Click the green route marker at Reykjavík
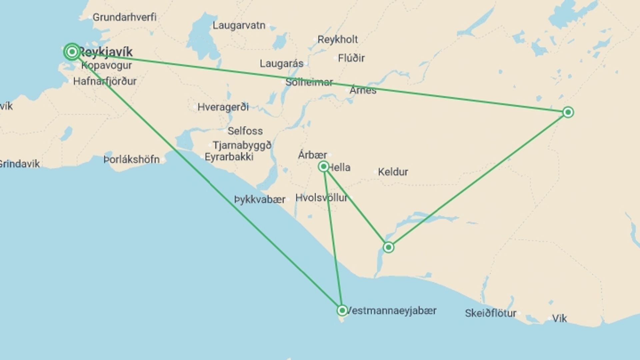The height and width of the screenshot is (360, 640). [x=72, y=52]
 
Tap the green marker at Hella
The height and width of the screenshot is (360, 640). [x=323, y=166]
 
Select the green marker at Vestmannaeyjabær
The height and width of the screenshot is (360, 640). [x=342, y=311]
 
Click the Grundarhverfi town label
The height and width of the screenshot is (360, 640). [x=124, y=17]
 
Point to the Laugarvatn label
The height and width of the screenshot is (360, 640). [x=239, y=25]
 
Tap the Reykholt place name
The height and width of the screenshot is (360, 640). [x=337, y=39]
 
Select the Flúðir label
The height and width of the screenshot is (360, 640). [x=351, y=58]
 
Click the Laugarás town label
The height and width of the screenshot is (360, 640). [x=282, y=63]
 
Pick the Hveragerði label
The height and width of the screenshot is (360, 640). [x=223, y=107]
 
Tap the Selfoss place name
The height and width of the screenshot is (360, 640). [x=245, y=131]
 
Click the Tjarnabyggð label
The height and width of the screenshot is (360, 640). [x=242, y=145]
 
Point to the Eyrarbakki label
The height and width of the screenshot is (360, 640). [x=229, y=157]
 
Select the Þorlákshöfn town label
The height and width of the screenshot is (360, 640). [x=132, y=160]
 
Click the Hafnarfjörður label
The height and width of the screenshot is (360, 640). [x=105, y=81]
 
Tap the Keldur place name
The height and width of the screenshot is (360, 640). [x=393, y=172]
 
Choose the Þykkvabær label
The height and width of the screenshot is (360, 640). [x=260, y=200]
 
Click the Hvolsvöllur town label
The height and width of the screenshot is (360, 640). [x=321, y=198]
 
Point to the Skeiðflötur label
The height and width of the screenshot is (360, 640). [x=490, y=313]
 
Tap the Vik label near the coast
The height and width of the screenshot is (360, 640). [x=559, y=319]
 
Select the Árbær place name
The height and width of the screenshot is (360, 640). [x=312, y=155]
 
